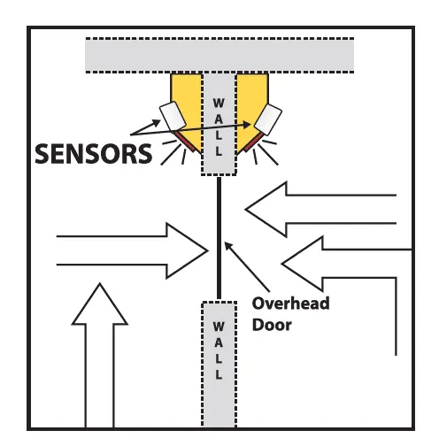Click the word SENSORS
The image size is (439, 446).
point(93,153)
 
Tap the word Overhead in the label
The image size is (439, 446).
point(290,304)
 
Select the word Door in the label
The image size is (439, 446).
point(272,325)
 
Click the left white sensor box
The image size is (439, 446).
point(173,116)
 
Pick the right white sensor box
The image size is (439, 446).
point(268,119)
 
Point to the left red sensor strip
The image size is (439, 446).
point(184,142)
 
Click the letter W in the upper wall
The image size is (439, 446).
point(219,104)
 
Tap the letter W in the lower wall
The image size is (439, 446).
point(219,327)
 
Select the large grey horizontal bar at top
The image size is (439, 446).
point(219,55)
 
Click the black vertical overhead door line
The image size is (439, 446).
point(219,238)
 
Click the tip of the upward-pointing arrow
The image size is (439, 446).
point(100,283)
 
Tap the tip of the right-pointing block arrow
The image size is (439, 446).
point(208,250)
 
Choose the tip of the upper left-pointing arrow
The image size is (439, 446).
point(245,209)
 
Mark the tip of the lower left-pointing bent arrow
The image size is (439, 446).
point(281,264)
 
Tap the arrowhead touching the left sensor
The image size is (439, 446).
point(157,122)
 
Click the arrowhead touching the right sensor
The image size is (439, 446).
point(247,125)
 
